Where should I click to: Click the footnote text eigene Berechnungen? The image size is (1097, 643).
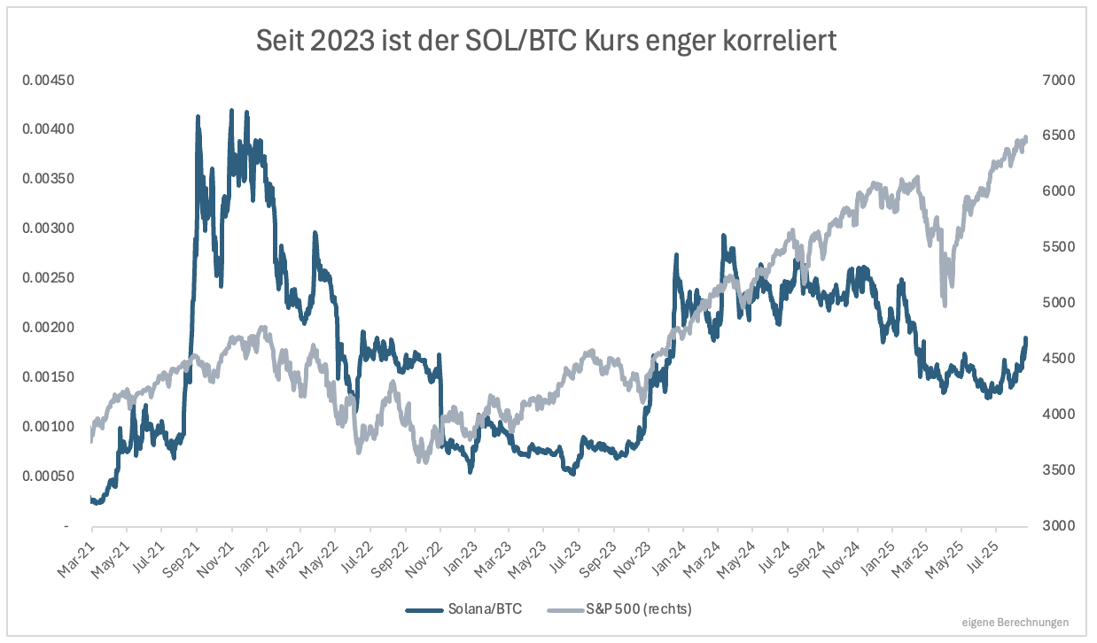[1015, 622]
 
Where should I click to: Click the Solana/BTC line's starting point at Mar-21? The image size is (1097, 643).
[92, 500]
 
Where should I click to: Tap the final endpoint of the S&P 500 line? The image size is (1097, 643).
[1025, 138]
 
